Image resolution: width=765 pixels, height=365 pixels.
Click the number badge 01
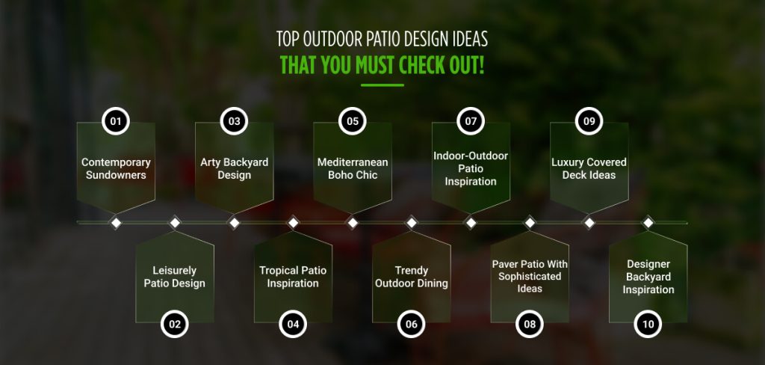116,121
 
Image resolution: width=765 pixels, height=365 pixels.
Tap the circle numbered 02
175,324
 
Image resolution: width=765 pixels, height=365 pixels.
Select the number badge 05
353,121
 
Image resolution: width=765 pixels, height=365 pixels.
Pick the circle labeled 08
530,324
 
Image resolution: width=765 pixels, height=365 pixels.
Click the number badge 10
648,324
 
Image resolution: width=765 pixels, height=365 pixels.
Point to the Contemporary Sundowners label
116,168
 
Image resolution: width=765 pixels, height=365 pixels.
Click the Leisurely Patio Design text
175,277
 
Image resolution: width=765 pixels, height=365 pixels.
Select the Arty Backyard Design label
234,168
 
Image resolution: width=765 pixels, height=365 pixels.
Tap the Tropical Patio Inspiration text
293,277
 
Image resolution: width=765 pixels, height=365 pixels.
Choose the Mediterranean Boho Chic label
353,168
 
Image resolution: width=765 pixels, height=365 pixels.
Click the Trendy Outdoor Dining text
411,277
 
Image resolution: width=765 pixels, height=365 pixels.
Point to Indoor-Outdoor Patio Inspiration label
471,168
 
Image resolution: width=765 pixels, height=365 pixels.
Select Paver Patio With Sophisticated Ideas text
530,277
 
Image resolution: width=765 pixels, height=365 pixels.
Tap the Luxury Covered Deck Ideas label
589,168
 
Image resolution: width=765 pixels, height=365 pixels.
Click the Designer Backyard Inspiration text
648,277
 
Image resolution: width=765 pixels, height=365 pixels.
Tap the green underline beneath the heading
382,85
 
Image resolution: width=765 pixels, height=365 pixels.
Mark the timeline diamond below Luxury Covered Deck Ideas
589,222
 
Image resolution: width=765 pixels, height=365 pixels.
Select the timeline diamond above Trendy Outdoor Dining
411,222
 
